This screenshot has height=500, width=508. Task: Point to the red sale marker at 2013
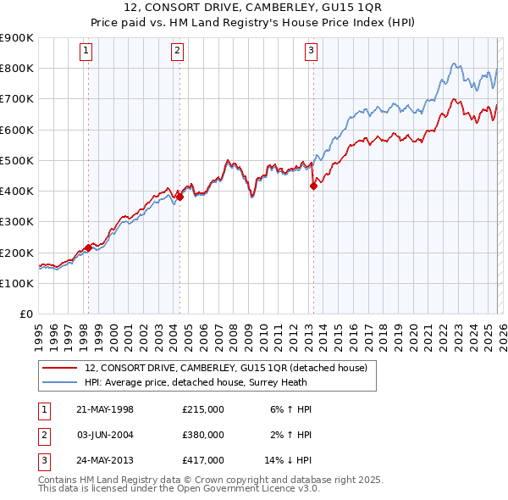(x=313, y=186)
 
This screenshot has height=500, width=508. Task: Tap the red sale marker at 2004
(x=179, y=197)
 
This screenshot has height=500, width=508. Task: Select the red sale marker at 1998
(x=89, y=248)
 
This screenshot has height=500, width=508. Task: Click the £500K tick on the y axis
(x=16, y=160)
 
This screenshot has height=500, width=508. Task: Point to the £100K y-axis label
(x=16, y=283)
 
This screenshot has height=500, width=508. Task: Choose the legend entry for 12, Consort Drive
(x=225, y=368)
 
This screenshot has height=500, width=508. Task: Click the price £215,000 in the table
(x=203, y=409)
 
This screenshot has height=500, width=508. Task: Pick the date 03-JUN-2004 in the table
(x=105, y=435)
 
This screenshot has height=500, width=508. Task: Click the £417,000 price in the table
(x=203, y=460)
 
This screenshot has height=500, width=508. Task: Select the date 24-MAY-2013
(x=105, y=460)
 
